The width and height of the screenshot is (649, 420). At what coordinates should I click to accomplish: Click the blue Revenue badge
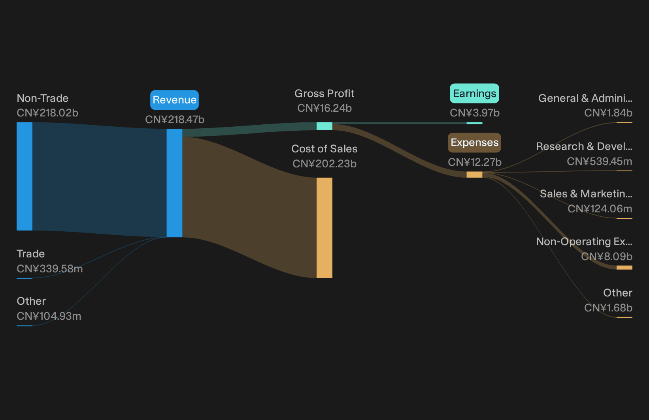[x=174, y=100]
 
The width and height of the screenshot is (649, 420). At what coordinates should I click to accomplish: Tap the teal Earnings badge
[x=474, y=94]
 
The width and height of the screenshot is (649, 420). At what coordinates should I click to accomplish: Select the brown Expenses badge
[x=474, y=143]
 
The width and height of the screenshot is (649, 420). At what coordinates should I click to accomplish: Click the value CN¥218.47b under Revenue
[x=174, y=120]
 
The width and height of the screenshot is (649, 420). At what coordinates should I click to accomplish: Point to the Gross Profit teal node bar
[x=324, y=126]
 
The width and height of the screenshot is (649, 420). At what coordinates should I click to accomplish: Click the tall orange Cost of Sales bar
[x=324, y=228]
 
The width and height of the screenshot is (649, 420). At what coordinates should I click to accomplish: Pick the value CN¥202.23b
[x=324, y=164]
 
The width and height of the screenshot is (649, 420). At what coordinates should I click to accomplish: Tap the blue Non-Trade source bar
[x=25, y=176]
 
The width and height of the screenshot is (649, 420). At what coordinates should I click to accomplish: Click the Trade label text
[x=31, y=254]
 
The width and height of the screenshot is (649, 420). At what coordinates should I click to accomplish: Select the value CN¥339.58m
[x=49, y=269]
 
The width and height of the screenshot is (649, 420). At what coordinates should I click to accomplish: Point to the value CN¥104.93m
[x=49, y=316]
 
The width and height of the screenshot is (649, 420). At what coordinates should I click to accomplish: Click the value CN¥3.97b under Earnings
[x=474, y=113]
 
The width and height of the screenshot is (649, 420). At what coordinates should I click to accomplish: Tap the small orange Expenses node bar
[x=474, y=174]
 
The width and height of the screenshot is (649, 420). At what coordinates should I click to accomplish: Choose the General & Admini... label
[x=585, y=98]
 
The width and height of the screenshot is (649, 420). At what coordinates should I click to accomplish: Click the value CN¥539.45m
[x=600, y=161]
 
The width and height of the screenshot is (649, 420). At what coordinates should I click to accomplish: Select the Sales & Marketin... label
[x=586, y=194]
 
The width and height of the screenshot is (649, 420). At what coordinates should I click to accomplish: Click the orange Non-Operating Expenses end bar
[x=624, y=268]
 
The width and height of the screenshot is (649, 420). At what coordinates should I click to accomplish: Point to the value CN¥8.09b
[x=607, y=257]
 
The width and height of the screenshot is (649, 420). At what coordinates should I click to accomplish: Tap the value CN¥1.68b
[x=608, y=307]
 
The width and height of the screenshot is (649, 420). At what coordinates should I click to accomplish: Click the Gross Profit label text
[x=324, y=94]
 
